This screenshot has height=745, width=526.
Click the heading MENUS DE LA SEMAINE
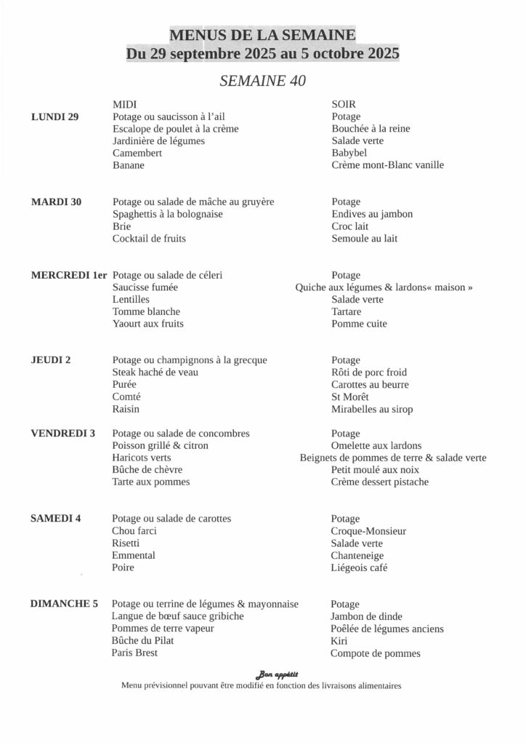tap(263, 35)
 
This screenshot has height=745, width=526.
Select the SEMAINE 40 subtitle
tap(262, 81)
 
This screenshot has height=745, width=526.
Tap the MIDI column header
tap(125, 104)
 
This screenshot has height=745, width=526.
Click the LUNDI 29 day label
tap(55, 116)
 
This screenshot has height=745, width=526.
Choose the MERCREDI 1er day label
tap(69, 275)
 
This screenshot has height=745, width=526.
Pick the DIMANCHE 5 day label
tap(65, 604)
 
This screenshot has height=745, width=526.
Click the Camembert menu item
tap(137, 153)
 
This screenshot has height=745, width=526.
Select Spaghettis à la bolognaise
tap(168, 214)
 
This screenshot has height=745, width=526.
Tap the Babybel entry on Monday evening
tap(349, 153)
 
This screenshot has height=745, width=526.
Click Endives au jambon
tap(372, 214)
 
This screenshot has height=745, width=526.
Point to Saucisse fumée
tap(145, 287)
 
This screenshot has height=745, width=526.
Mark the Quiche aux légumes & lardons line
tap(384, 287)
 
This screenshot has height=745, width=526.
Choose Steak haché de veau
tap(155, 372)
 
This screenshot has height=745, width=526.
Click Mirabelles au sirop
tap(372, 409)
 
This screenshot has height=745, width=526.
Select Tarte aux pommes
tap(151, 482)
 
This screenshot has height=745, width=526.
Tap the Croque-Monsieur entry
tap(368, 531)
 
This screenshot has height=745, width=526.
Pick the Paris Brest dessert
tap(135, 653)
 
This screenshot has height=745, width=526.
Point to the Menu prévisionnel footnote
tap(262, 685)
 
